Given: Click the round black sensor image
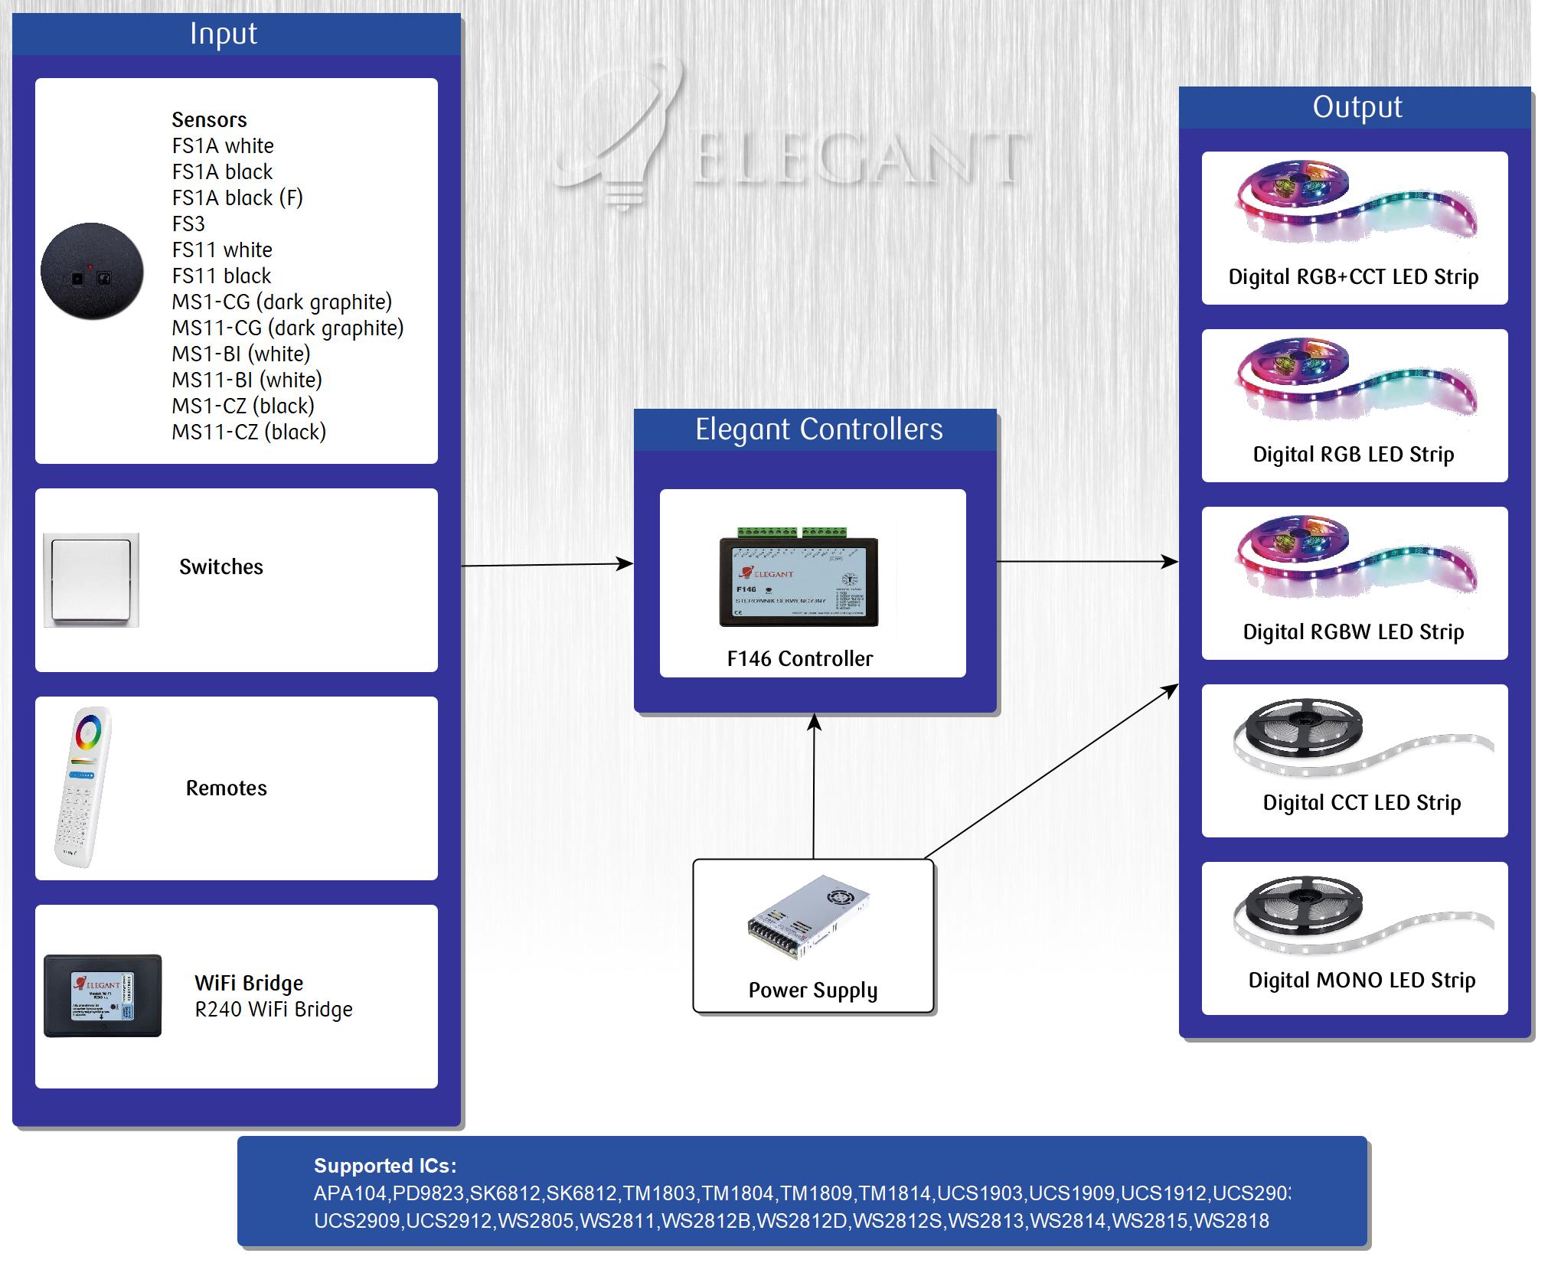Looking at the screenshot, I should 92,271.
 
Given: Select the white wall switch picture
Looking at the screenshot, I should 91,580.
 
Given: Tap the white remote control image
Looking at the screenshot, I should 83,786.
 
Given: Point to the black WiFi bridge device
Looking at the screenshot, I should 103,995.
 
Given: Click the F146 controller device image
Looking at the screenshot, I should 798,577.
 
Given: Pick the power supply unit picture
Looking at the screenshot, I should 808,917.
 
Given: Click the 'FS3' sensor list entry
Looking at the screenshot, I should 188,224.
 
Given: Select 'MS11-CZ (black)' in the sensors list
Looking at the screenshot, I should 249,432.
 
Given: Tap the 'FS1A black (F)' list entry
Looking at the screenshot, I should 237,198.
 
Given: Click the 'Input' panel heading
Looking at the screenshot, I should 224,34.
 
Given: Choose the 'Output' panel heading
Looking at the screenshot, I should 1357,107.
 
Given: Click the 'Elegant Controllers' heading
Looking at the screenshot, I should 818,429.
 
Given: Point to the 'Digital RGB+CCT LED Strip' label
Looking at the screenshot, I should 1353,277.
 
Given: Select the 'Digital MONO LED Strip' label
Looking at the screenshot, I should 1361,981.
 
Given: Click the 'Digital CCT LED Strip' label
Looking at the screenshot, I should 1361,803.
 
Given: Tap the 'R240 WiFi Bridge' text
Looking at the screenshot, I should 273,1010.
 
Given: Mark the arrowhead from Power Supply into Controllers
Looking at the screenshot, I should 815,721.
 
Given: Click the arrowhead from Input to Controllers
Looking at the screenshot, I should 625,564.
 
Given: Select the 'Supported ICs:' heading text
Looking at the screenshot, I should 385,1166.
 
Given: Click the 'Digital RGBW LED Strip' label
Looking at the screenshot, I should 1353,632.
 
